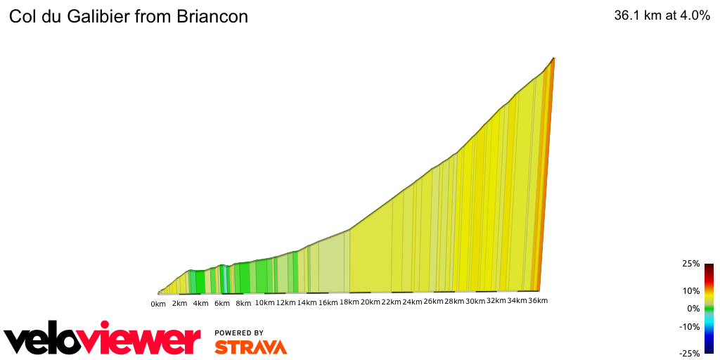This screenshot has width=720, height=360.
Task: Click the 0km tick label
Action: pyautogui.click(x=158, y=303)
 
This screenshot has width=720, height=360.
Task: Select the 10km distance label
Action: pyautogui.click(x=264, y=303)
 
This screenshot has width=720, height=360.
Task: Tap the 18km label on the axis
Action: pyautogui.click(x=349, y=302)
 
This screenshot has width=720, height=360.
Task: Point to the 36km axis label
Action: pyautogui.click(x=537, y=301)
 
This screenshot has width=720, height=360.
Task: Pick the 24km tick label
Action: pyautogui.click(x=412, y=302)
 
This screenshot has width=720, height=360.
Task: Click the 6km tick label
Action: pyautogui.click(x=222, y=303)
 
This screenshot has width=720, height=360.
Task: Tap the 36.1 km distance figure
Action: pyautogui.click(x=637, y=16)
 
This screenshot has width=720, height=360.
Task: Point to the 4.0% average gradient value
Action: pyautogui.click(x=696, y=16)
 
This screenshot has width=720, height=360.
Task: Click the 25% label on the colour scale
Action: pyautogui.click(x=690, y=264)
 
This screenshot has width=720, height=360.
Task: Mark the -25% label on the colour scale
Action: pyautogui.click(x=689, y=354)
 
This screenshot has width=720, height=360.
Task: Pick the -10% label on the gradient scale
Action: pyautogui.click(x=689, y=326)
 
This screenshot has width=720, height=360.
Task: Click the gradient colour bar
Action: pyautogui.click(x=709, y=308)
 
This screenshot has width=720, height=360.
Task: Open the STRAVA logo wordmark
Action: pyautogui.click(x=250, y=347)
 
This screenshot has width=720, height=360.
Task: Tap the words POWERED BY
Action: pyautogui.click(x=239, y=333)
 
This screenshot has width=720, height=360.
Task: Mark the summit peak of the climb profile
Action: pyautogui.click(x=554, y=58)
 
